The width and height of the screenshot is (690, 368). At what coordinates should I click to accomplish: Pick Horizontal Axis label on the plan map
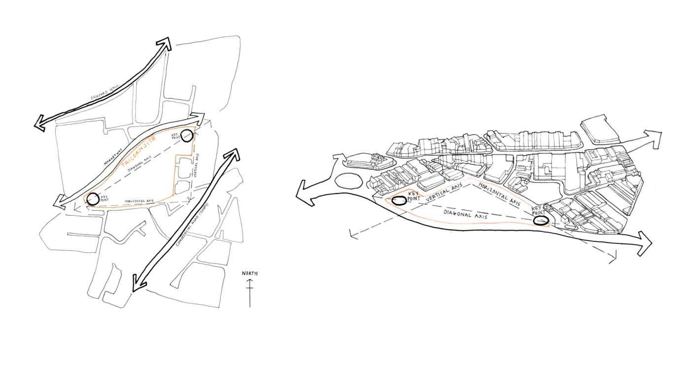(139, 201)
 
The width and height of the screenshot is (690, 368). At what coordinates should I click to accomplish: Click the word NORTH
(249, 273)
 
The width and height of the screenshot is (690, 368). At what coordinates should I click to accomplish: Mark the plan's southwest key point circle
(92, 200)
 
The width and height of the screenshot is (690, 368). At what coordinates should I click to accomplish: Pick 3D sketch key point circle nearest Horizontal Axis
(541, 221)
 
